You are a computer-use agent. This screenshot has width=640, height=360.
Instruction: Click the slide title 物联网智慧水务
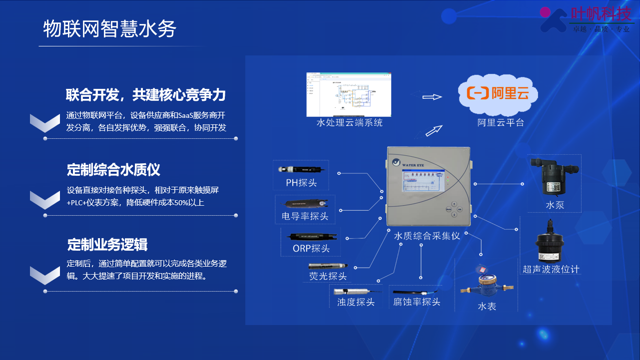coord(109,29)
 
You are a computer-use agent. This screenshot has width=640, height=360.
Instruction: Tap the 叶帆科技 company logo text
coord(601,13)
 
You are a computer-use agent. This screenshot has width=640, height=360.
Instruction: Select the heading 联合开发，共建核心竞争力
coord(146,95)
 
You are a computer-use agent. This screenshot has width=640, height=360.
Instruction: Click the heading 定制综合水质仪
coord(113,170)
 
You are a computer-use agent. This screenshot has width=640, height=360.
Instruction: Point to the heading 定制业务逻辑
coord(107,245)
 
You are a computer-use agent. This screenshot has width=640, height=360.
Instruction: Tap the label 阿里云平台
coord(501,122)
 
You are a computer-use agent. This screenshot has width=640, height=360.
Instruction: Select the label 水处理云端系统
coord(350,122)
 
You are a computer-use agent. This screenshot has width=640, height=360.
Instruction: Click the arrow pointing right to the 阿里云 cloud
coord(432,97)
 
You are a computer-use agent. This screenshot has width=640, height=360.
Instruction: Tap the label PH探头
coord(301,183)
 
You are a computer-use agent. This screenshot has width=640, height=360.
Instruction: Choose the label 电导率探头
coord(305,216)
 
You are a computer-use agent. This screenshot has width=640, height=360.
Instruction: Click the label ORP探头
coord(311,249)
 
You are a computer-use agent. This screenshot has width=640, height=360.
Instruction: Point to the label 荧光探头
coord(328,276)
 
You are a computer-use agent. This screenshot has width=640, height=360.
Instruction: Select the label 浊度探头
coord(356,302)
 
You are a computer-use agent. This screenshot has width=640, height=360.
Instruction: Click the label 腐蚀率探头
coord(417,302)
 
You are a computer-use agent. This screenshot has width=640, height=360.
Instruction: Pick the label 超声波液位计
coord(551,270)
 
